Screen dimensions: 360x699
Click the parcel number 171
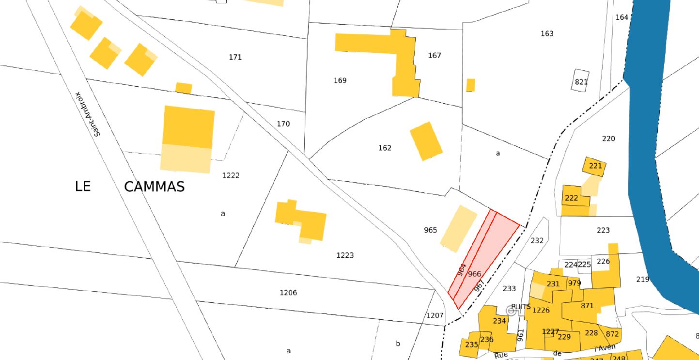click(x=235, y=57)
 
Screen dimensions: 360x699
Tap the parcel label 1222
click(x=231, y=175)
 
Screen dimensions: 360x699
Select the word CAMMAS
click(x=154, y=187)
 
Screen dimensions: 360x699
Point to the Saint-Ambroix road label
click(x=89, y=114)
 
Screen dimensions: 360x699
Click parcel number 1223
click(x=345, y=255)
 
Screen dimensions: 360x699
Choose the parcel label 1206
click(x=288, y=293)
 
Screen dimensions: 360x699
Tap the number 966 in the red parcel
click(x=475, y=274)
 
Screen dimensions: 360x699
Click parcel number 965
click(x=430, y=230)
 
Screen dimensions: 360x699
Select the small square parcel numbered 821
click(x=581, y=81)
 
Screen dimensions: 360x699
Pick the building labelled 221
click(x=595, y=166)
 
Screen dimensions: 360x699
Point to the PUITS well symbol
click(x=511, y=311)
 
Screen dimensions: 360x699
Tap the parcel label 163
click(x=547, y=33)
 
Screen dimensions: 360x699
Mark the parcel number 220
click(x=608, y=139)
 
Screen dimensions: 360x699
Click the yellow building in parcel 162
click(x=426, y=141)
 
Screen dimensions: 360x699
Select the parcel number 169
click(x=340, y=80)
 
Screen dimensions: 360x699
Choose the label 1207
click(x=435, y=315)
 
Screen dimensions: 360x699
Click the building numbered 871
click(x=587, y=306)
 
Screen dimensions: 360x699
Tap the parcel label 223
click(x=603, y=230)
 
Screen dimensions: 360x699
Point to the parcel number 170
click(x=283, y=124)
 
